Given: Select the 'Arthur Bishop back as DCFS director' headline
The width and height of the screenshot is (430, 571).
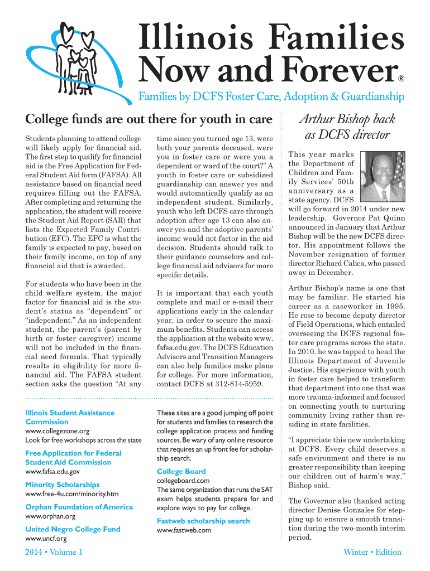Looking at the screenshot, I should click(347, 127).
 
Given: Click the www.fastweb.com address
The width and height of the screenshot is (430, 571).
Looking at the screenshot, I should click(184, 530).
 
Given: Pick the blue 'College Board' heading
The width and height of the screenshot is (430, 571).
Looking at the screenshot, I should click(181, 471).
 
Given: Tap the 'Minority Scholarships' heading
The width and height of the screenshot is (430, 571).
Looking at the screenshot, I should click(63, 485).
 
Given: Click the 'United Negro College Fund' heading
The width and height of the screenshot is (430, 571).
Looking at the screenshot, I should click(73, 529).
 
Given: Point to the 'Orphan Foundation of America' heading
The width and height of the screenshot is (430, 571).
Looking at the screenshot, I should click(79, 507).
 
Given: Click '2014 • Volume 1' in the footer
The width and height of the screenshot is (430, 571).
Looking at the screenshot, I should click(54, 552).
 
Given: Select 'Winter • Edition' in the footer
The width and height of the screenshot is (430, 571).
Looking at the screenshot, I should click(372, 552).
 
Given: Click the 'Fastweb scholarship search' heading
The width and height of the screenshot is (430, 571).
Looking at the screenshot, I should click(203, 521).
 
